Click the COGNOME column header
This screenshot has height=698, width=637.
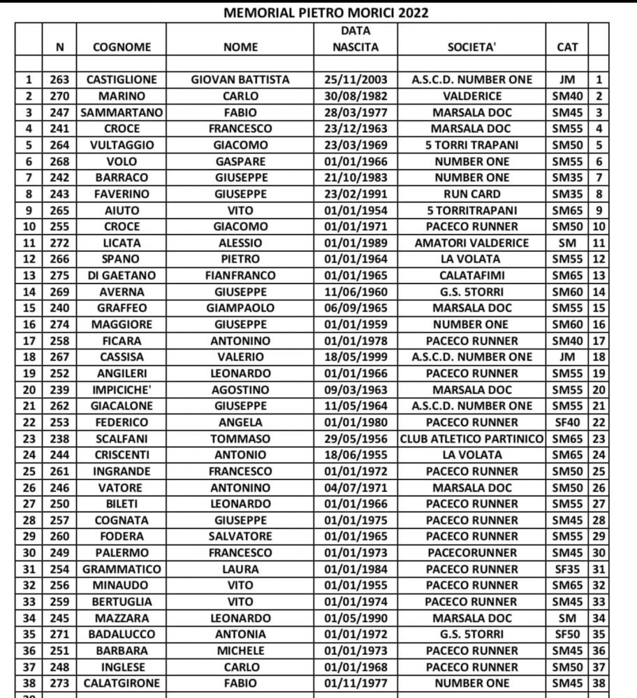(122, 47)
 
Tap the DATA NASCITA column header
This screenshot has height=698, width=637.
(355, 39)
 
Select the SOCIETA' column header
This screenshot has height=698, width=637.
(471, 47)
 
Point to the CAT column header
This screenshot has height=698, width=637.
(566, 47)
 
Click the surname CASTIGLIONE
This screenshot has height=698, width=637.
(122, 80)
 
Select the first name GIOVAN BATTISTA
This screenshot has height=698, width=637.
(240, 80)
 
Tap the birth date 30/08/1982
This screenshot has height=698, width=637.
(355, 96)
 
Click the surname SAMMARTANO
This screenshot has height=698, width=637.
(122, 112)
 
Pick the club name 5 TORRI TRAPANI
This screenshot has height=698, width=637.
(471, 145)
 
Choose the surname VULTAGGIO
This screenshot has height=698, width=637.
(122, 145)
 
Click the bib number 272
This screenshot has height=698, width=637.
(59, 243)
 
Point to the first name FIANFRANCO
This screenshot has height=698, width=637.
(240, 275)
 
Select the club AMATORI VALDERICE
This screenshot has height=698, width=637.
(471, 243)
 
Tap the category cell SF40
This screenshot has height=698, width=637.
(566, 422)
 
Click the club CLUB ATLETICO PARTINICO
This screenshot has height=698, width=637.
(471, 438)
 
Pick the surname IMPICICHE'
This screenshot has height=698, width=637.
(122, 389)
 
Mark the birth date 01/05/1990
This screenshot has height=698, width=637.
(355, 618)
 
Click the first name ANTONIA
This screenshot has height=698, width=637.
(240, 634)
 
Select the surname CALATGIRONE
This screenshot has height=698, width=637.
(122, 683)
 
